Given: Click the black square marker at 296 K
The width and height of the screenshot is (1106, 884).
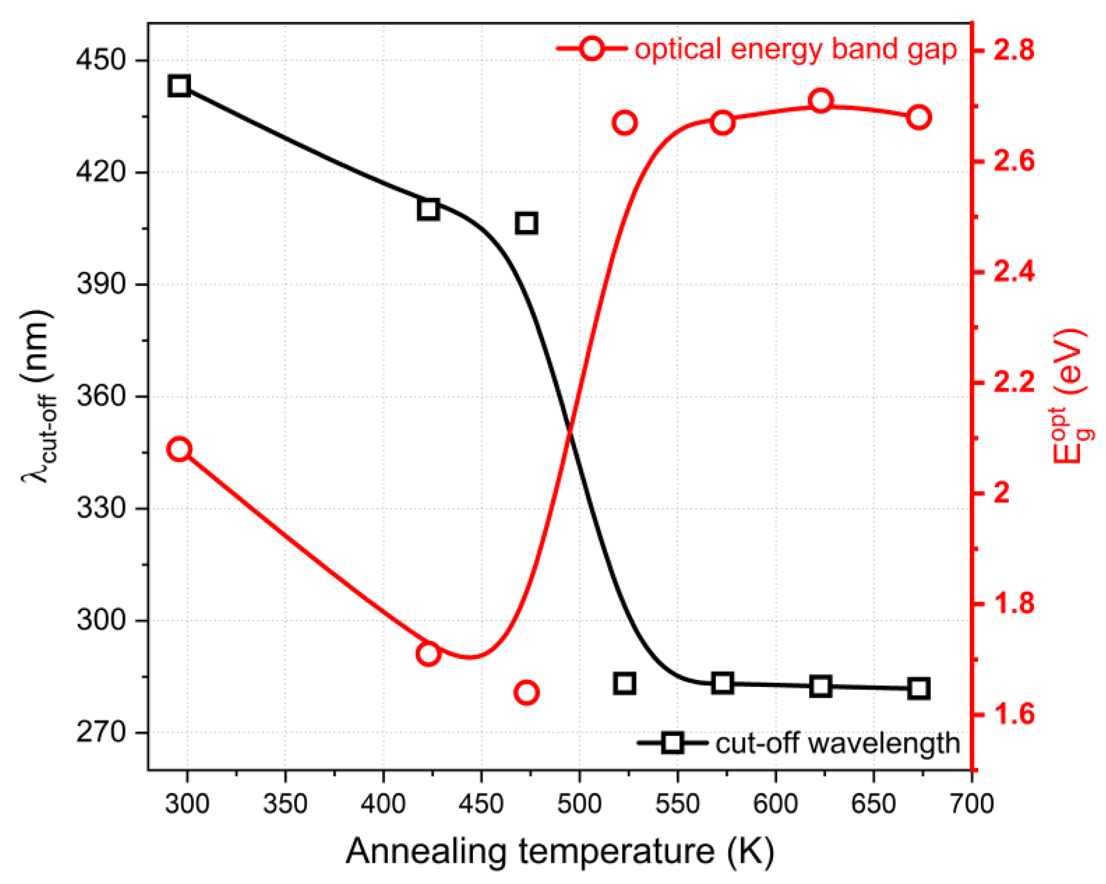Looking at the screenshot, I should click(x=179, y=86).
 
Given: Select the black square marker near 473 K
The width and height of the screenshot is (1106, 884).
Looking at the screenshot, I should click(x=527, y=223).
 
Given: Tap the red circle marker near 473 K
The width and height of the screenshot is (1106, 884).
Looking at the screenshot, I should click(x=526, y=692).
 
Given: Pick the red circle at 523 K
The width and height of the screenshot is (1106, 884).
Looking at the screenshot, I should click(x=624, y=123).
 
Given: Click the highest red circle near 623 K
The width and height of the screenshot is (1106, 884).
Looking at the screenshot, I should click(x=821, y=100).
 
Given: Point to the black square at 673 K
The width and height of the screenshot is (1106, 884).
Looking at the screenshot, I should click(x=919, y=689).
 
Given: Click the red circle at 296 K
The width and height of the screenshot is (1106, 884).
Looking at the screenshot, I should click(x=179, y=449).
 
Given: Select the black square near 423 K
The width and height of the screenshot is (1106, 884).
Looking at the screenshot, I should click(x=428, y=209).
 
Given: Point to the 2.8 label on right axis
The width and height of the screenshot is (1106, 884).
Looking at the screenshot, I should click(x=1013, y=50).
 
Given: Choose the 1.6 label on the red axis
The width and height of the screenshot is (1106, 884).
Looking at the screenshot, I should click(x=1013, y=714).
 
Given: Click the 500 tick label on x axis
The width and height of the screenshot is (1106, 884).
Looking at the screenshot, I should click(x=579, y=804).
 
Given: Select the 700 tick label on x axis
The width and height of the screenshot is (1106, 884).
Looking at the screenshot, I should click(x=972, y=804).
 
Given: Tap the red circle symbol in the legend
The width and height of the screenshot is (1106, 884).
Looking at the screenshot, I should click(x=592, y=49).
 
